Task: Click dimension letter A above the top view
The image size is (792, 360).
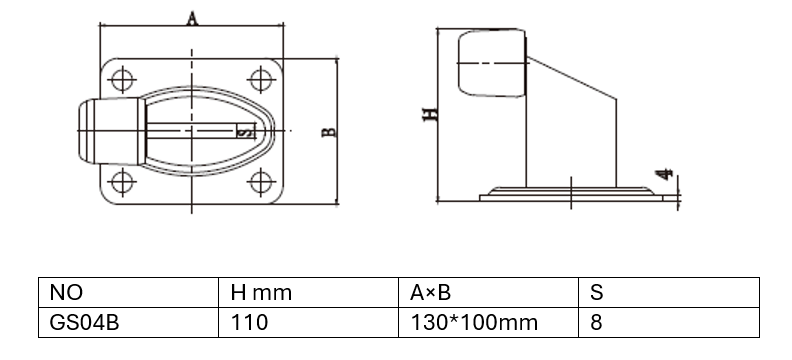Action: coord(192,19)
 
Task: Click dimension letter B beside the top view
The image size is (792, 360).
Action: coord(329,132)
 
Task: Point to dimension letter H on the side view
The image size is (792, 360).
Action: coord(430,115)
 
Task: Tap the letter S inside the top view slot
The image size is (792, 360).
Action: coord(244,132)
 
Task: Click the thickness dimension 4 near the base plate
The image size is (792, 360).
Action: coord(664,174)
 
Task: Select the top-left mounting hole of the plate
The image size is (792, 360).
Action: coord(122,80)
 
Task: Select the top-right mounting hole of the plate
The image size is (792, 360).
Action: coord(261,80)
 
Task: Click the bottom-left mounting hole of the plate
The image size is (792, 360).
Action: coord(122,183)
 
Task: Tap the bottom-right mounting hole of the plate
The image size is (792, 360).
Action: coord(261,183)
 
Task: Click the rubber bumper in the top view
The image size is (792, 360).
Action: coord(112,131)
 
